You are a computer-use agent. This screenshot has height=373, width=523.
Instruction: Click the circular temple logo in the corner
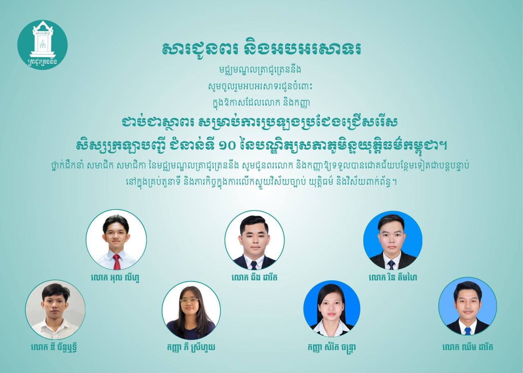tap(42, 45)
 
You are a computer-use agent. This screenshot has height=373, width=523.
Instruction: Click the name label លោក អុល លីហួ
tap(115, 277)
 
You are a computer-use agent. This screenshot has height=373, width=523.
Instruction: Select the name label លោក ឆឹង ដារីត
tap(254, 277)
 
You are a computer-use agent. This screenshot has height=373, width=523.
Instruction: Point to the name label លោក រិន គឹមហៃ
tap(393, 277)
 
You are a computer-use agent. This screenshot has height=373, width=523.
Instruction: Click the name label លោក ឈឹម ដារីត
tap(468, 347)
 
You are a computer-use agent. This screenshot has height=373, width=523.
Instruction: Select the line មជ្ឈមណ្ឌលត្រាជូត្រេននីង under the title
tap(259, 69)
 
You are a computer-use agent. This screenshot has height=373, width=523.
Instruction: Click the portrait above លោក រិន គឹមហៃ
tap(393, 240)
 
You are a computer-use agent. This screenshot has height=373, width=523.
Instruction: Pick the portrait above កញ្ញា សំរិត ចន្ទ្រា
tap(331, 308)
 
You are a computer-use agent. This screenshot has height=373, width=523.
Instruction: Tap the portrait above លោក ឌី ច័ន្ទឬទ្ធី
tap(55, 310)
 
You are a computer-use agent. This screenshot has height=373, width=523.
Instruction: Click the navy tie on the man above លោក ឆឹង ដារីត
tap(254, 265)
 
